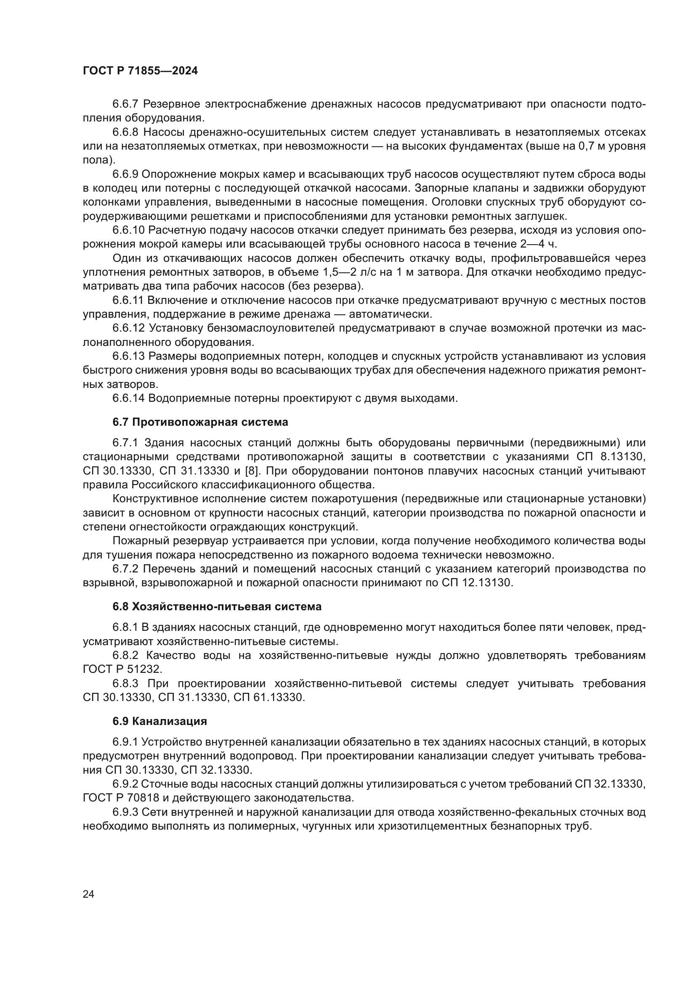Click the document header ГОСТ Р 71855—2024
pos(140,71)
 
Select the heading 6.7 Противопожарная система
pos(200,422)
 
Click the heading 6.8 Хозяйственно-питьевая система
pos(217,607)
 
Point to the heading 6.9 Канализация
pos(159,722)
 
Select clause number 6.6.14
pos(129,398)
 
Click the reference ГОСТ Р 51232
pos(122,669)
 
